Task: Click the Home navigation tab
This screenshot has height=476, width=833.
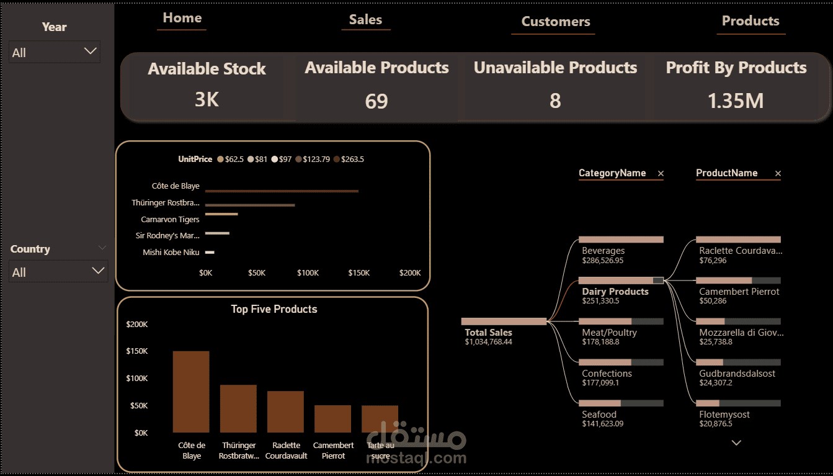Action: [182, 18]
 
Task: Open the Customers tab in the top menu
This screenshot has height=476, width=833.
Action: [556, 22]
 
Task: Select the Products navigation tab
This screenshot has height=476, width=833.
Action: [751, 21]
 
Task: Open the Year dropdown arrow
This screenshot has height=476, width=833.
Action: [91, 51]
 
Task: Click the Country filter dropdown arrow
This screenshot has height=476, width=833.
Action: [98, 271]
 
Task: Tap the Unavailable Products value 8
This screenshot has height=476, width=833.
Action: [555, 101]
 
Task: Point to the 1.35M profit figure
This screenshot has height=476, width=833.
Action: [736, 101]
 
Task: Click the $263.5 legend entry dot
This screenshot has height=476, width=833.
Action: [337, 159]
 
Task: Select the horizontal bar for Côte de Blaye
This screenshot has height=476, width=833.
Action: [282, 191]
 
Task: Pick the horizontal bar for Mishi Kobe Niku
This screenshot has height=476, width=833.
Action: [210, 253]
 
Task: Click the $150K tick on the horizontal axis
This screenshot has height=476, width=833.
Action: [359, 273]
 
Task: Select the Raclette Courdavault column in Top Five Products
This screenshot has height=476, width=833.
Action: [285, 411]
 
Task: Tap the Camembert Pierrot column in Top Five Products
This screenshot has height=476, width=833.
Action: [333, 419]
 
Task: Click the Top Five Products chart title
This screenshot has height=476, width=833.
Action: [274, 309]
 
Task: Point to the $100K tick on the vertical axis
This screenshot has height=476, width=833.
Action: [137, 379]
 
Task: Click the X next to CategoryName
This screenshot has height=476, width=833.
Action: [661, 173]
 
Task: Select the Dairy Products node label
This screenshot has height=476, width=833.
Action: [615, 292]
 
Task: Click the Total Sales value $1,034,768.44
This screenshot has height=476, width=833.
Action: [488, 342]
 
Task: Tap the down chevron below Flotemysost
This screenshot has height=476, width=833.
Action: [736, 443]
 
